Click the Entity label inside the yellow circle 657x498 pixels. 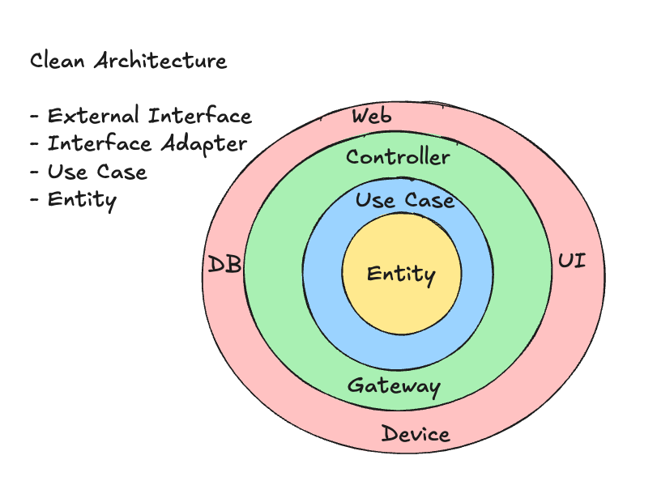401,275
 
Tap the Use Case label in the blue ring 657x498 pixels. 405,200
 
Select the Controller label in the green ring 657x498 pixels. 398,156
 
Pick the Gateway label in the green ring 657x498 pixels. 394,386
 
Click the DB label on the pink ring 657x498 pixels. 224,264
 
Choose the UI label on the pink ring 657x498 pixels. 571,262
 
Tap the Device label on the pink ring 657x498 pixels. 416,434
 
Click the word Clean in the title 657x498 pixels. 58,61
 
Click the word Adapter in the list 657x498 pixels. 203,144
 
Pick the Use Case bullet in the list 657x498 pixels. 96,172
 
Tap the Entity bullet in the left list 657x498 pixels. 81,199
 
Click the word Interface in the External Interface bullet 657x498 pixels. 200,116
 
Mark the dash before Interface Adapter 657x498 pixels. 34,145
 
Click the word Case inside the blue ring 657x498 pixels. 429,200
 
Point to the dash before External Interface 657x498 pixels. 34,117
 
